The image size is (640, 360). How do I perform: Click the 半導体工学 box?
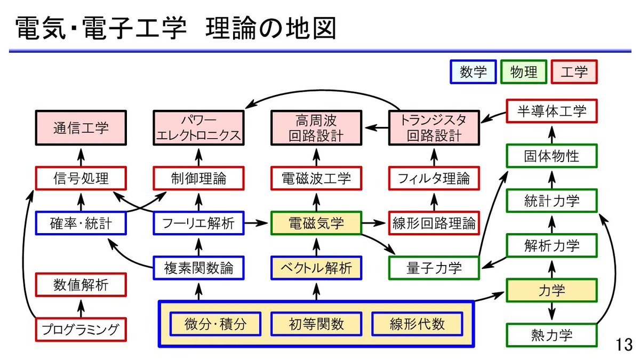551,111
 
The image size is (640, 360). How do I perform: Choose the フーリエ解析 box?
198,223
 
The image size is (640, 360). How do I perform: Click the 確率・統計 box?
81,223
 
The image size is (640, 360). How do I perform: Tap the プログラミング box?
81,329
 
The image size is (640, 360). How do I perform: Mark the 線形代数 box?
417,324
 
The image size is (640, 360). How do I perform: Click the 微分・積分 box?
215,324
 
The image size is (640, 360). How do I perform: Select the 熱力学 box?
551,335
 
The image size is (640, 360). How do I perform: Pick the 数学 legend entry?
473,72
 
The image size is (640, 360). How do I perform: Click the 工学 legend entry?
574,72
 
